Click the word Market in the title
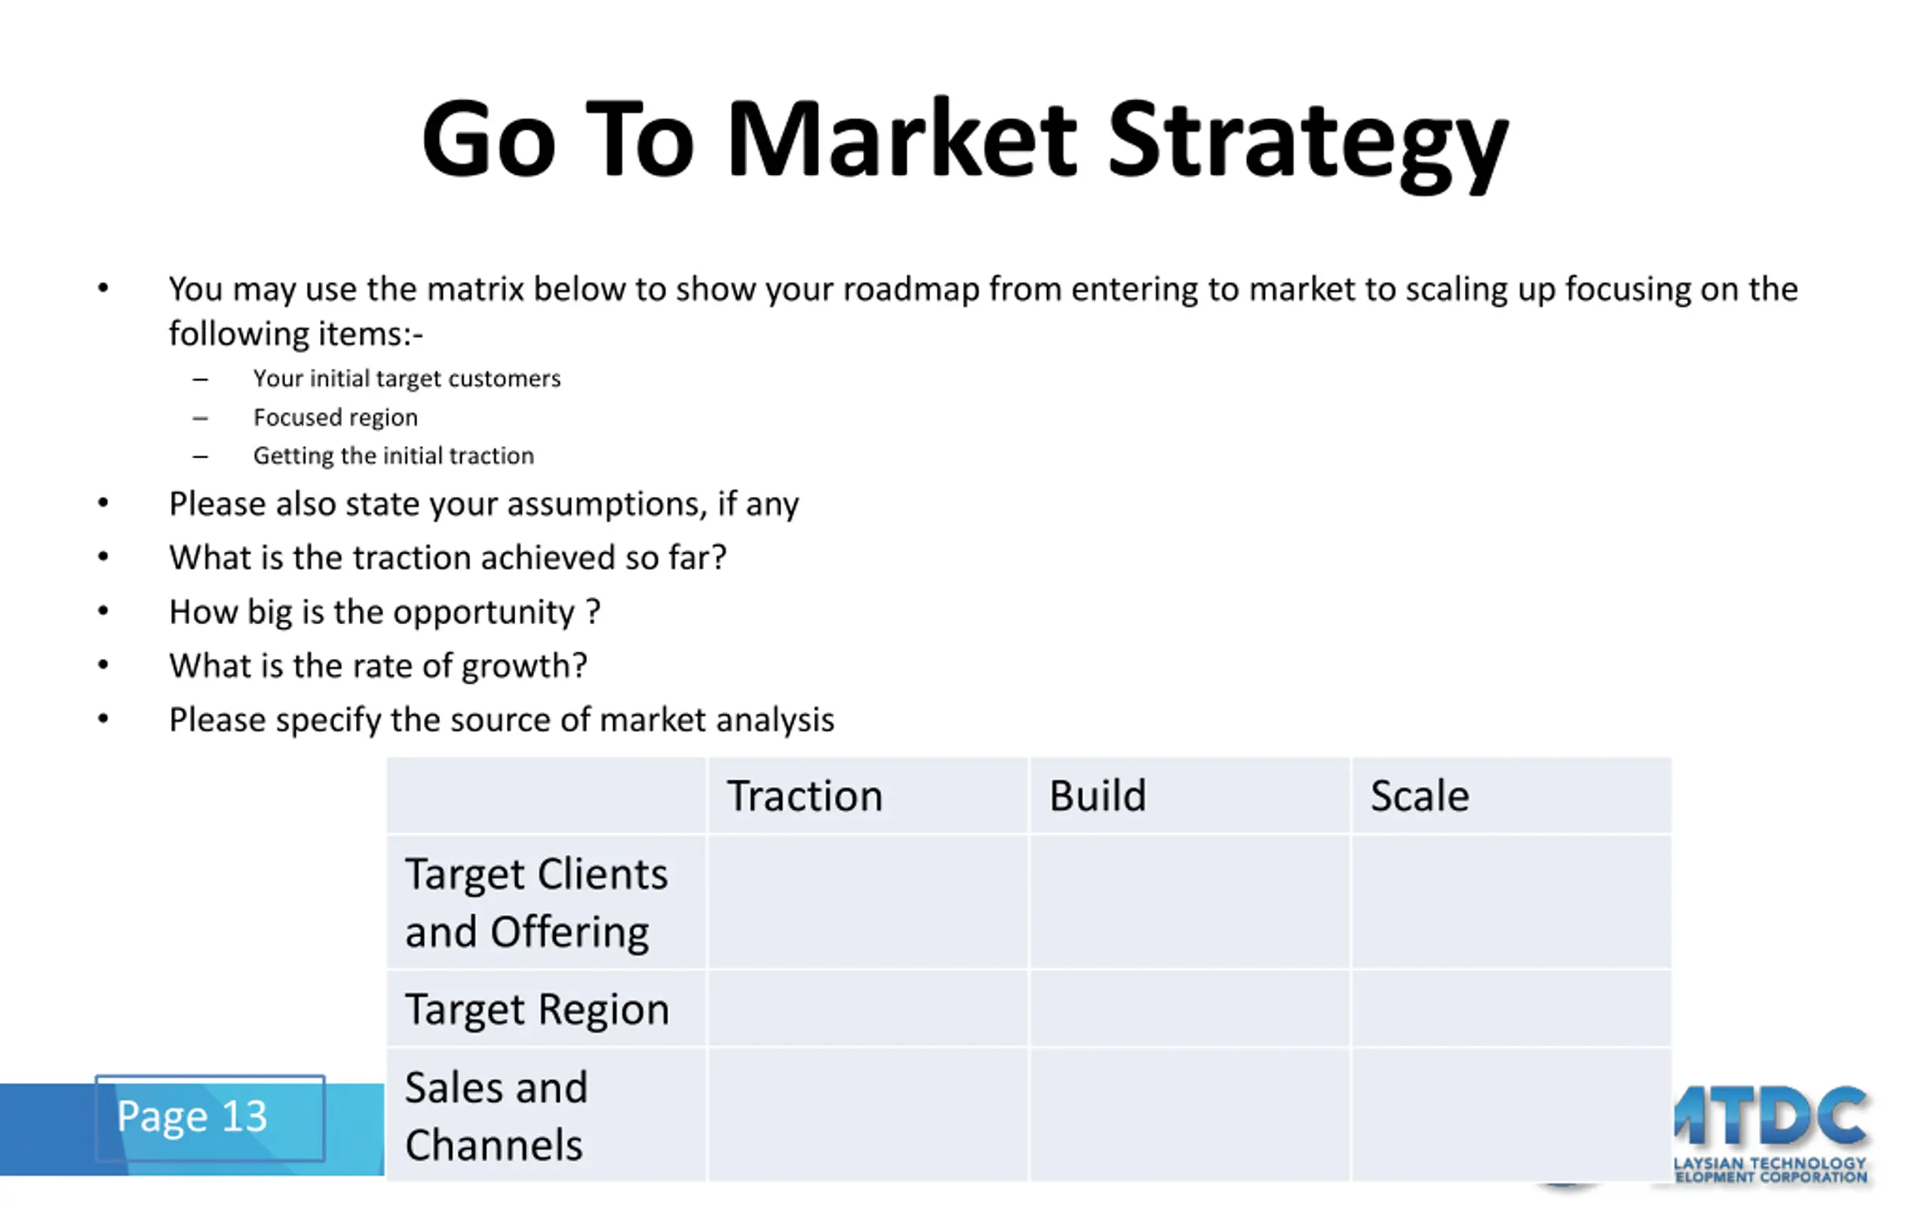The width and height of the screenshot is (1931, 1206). pos(902,139)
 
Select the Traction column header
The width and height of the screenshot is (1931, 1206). pos(804,796)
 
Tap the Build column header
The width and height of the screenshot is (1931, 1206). pos(1098,796)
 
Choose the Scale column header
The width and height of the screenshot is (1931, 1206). pos(1420,796)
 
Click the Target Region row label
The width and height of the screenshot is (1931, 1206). pos(537,1010)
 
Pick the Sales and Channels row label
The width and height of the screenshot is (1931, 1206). pos(496,1116)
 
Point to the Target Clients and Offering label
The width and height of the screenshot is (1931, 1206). pos(536,903)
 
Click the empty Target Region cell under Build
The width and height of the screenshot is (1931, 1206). pos(1189,1009)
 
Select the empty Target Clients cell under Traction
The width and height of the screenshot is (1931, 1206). pos(867,901)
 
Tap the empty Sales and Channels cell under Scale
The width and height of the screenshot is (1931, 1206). pos(1512,1114)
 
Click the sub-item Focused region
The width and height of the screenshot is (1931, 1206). pos(335,417)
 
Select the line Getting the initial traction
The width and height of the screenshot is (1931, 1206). pos(394,455)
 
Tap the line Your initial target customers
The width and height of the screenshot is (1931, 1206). pos(407,378)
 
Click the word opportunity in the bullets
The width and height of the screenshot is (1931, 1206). pos(484,614)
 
